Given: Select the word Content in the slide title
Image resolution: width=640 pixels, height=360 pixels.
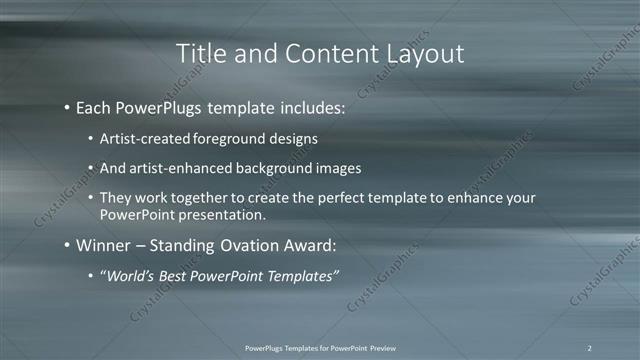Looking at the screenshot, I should coord(325,53).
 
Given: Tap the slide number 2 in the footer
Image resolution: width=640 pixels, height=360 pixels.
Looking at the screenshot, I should coord(590,347).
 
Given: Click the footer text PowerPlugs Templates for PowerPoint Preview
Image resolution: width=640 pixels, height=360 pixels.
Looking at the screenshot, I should coord(319,347).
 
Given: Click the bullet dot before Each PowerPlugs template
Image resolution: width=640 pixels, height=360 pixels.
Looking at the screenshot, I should coord(66,105).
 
